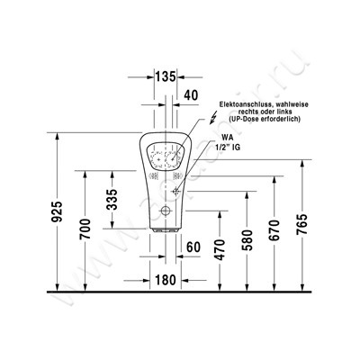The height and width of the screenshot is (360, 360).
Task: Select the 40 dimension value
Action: (191, 94)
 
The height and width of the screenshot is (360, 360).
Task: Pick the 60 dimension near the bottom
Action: (192, 246)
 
